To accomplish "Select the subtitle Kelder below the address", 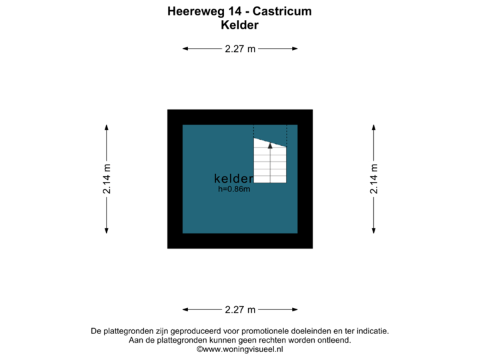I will click(x=239, y=25).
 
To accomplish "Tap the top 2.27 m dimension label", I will click(x=240, y=48).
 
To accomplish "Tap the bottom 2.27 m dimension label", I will click(x=240, y=309).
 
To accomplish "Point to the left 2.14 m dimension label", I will click(x=107, y=179).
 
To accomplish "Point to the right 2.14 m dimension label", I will click(x=374, y=179).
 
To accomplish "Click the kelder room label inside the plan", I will click(x=233, y=179).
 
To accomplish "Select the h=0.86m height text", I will click(x=234, y=189).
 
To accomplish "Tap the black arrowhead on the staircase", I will click(x=270, y=145).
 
